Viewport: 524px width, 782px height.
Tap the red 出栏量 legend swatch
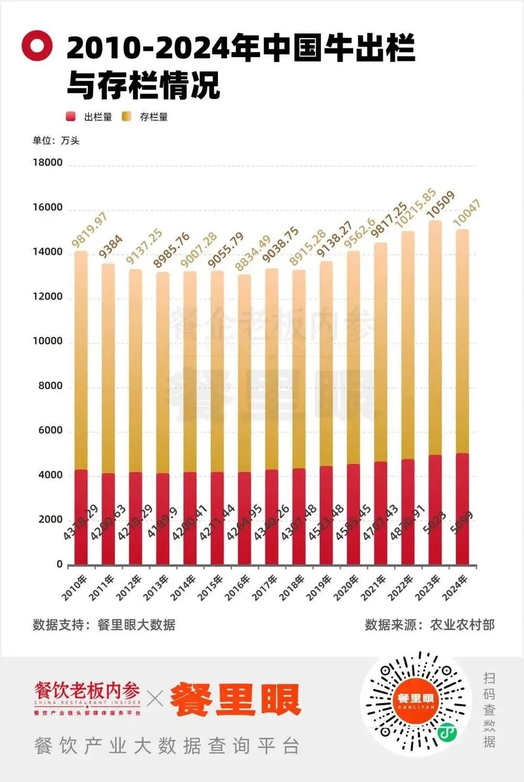click(x=71, y=117)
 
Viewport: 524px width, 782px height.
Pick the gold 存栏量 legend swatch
click(x=126, y=117)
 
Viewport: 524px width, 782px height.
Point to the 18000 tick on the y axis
click(x=48, y=162)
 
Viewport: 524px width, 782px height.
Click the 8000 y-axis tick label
click(x=50, y=386)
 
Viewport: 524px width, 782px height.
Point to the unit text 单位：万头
click(x=56, y=140)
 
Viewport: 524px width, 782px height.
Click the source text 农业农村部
click(x=462, y=624)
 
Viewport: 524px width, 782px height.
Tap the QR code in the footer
click(x=416, y=701)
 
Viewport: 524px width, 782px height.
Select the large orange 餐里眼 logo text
click(x=235, y=699)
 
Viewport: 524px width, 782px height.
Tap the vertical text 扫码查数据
click(x=489, y=709)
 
